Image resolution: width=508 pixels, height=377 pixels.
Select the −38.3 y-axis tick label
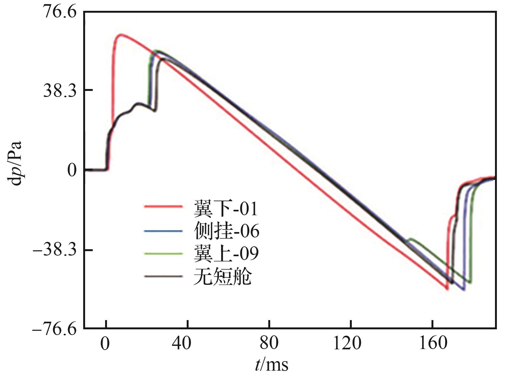[x=55, y=250]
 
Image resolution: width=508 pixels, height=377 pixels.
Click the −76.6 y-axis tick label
[x=55, y=328]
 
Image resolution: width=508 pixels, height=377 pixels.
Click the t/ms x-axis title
[x=272, y=365]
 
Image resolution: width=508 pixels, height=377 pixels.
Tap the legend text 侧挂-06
[x=226, y=231]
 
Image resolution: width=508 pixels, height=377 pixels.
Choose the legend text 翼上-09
[x=226, y=254]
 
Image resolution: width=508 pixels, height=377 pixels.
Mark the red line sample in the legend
[x=163, y=207]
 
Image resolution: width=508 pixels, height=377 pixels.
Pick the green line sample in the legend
[x=163, y=253]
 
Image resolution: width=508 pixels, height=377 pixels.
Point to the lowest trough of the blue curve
[x=464, y=290]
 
